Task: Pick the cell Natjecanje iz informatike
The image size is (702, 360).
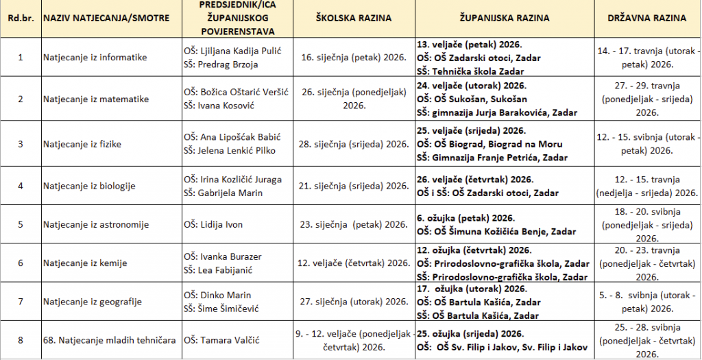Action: (x=95, y=58)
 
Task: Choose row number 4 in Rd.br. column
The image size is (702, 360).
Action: (x=20, y=186)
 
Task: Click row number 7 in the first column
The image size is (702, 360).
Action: (x=20, y=302)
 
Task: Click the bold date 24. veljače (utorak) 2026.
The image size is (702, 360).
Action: (x=472, y=86)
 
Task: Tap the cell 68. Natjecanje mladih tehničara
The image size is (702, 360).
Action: (x=109, y=340)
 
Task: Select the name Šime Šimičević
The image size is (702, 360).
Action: (x=221, y=309)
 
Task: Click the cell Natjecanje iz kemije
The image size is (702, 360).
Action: (x=86, y=263)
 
